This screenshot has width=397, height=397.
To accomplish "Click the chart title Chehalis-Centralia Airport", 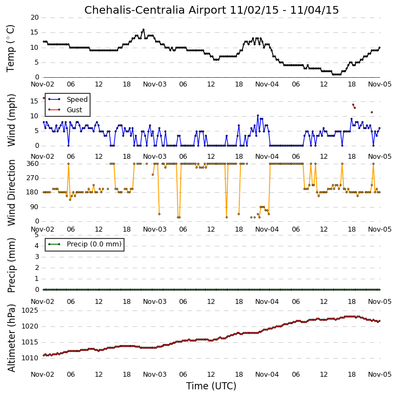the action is (155, 10).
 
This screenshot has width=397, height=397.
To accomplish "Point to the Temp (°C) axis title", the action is (11, 49).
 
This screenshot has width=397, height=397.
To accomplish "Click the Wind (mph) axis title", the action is (11, 120).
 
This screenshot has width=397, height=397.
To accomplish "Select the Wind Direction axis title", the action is (11, 193).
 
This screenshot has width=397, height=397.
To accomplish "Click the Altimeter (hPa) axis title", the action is (11, 338).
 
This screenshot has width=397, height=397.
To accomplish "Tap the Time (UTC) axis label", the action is (211, 386).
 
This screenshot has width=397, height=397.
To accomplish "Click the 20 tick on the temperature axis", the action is (34, 18).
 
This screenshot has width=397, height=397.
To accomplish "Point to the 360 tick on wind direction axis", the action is (33, 164).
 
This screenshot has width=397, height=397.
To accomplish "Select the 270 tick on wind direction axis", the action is (33, 178).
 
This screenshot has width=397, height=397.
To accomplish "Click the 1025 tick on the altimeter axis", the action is (30, 310).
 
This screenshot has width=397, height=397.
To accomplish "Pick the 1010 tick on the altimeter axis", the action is (30, 358).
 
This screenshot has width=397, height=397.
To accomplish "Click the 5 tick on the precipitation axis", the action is (37, 235).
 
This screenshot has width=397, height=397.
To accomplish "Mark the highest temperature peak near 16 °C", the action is (143, 30).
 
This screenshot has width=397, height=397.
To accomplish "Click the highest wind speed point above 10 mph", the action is (258, 116).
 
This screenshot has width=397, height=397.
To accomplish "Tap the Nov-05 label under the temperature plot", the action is (379, 84).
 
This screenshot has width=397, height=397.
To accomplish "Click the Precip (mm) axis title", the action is (11, 266).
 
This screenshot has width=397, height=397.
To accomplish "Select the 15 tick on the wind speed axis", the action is (34, 101).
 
